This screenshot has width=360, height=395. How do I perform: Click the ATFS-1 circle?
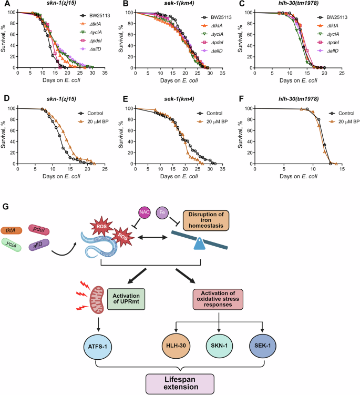tap(97, 347)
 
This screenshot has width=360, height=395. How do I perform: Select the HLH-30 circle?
tap(176, 346)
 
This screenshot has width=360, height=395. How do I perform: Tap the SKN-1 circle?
tap(219, 346)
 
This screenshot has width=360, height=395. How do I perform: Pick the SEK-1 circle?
tap(262, 346)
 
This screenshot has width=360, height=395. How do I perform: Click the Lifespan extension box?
tap(180, 383)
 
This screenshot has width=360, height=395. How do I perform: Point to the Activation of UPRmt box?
tap(126, 299)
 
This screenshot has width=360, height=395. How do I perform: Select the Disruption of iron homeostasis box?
tap(206, 220)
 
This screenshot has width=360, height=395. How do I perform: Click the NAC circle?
tap(144, 212)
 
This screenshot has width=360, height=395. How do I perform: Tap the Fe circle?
tap(162, 212)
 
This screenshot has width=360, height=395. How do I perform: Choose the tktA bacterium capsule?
tap(11, 230)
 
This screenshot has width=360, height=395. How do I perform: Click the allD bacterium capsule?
tap(39, 245)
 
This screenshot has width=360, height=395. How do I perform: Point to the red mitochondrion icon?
tap(97, 299)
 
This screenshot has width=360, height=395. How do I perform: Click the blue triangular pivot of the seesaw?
tap(199, 244)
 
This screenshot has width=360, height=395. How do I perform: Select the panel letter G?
tap(5, 207)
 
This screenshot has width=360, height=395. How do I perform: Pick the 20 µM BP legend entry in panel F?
tap(344, 121)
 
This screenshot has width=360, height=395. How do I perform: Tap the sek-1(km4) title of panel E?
tap(179, 99)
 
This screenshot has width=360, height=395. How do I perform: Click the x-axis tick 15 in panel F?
tap(342, 169)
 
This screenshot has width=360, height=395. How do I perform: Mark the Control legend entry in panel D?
tap(90, 113)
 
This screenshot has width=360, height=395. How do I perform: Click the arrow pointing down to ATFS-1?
tap(98, 325)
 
